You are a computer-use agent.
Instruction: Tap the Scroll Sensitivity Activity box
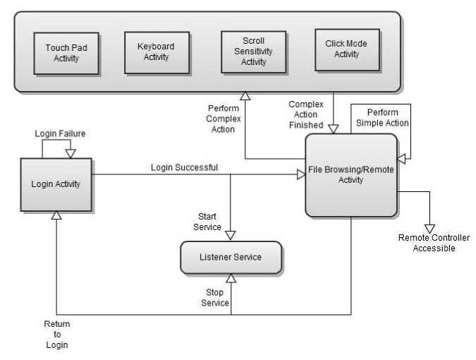(x=254, y=52)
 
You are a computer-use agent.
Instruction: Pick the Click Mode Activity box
(x=346, y=49)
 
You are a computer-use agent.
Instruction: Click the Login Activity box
(x=56, y=184)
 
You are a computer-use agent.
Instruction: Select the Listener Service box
(x=231, y=257)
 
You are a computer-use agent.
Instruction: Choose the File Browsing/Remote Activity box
(x=350, y=175)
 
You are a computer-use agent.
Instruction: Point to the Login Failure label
(x=60, y=133)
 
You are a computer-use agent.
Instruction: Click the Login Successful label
(x=184, y=167)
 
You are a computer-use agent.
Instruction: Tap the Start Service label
(x=207, y=222)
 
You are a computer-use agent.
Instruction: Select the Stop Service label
(x=215, y=297)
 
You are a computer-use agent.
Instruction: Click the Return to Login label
(x=56, y=335)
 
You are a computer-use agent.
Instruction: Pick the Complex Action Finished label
(x=306, y=114)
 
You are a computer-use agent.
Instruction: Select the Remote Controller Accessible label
(x=434, y=243)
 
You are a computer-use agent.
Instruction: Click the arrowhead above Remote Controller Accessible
(x=429, y=228)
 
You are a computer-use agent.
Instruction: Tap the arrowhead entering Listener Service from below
(x=231, y=279)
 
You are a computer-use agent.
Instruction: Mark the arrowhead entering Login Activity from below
(x=56, y=215)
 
